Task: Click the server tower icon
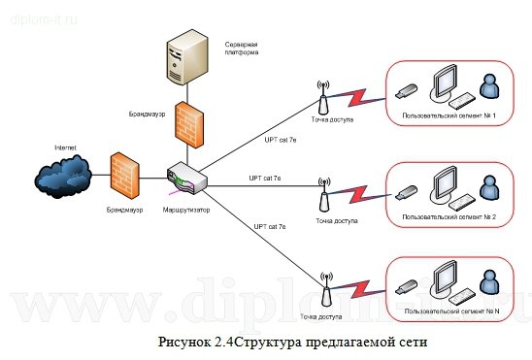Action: [187, 61]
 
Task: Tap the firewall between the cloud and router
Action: [124, 176]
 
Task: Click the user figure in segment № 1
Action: [490, 90]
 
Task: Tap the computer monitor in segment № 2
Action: [447, 181]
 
